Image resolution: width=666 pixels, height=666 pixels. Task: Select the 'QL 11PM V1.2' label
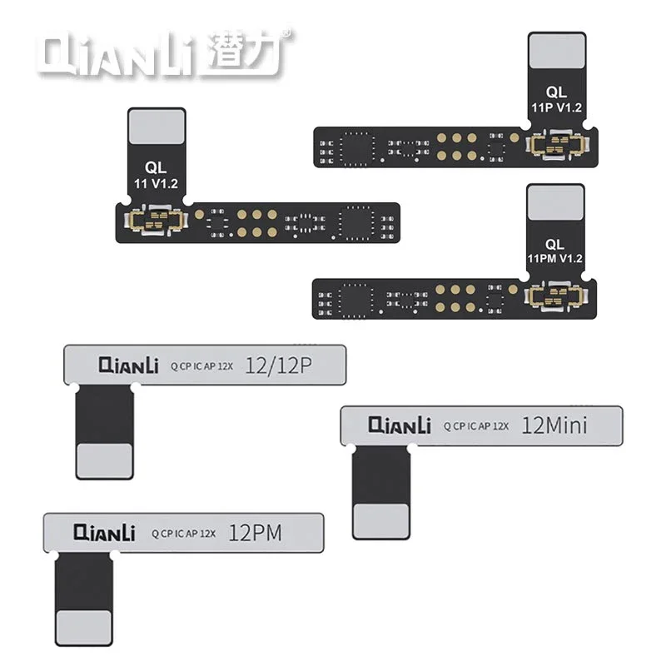pos(556,249)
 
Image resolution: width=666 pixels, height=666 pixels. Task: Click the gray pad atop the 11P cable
pos(556,53)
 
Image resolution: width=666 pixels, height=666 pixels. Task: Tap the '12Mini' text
pos(554,425)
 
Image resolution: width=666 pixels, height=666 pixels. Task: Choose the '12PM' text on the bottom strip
pos(259,531)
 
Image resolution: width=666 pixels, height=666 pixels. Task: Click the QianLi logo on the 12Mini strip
pos(399,425)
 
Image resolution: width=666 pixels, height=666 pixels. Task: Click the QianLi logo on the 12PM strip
pos(103,531)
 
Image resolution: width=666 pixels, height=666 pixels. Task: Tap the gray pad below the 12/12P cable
pos(104,457)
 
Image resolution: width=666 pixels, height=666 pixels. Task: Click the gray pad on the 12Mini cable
pos(380,518)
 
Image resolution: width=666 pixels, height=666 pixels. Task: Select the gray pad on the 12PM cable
pos(82,625)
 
